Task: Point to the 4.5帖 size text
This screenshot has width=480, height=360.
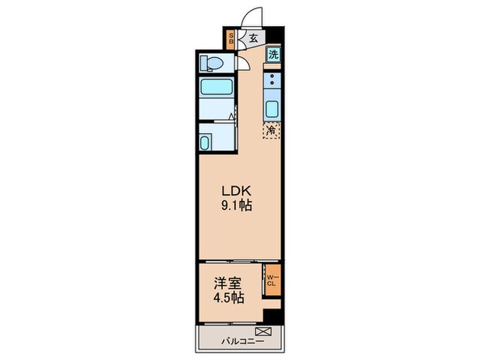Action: pos(227,298)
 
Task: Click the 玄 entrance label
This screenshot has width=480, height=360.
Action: pos(252,38)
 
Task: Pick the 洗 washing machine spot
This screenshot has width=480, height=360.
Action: pos(273,55)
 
